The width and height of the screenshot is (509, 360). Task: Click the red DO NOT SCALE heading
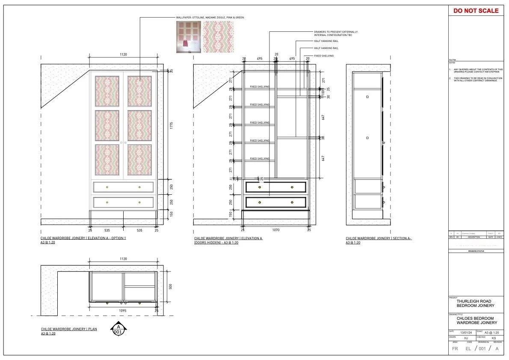pos(476,10)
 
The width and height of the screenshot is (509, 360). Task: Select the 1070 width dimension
pos(275,230)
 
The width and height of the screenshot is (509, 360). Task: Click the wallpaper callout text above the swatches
pos(210,18)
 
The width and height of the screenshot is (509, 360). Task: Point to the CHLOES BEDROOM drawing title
pos(475,318)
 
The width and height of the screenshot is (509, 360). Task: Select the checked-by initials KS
pos(494,338)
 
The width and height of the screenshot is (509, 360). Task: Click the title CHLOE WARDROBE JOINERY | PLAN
pos(69,329)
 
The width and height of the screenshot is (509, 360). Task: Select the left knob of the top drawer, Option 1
pos(107,187)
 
